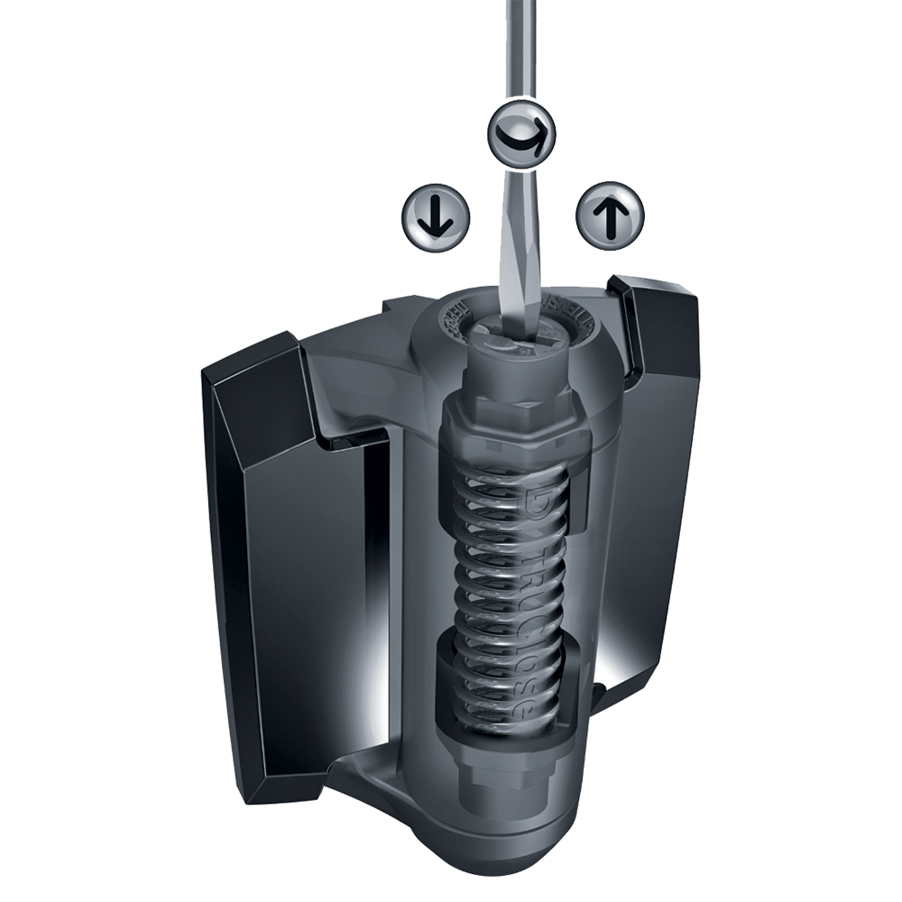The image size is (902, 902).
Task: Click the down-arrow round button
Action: click(x=435, y=217)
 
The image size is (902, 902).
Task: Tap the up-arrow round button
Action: click(x=610, y=216)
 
